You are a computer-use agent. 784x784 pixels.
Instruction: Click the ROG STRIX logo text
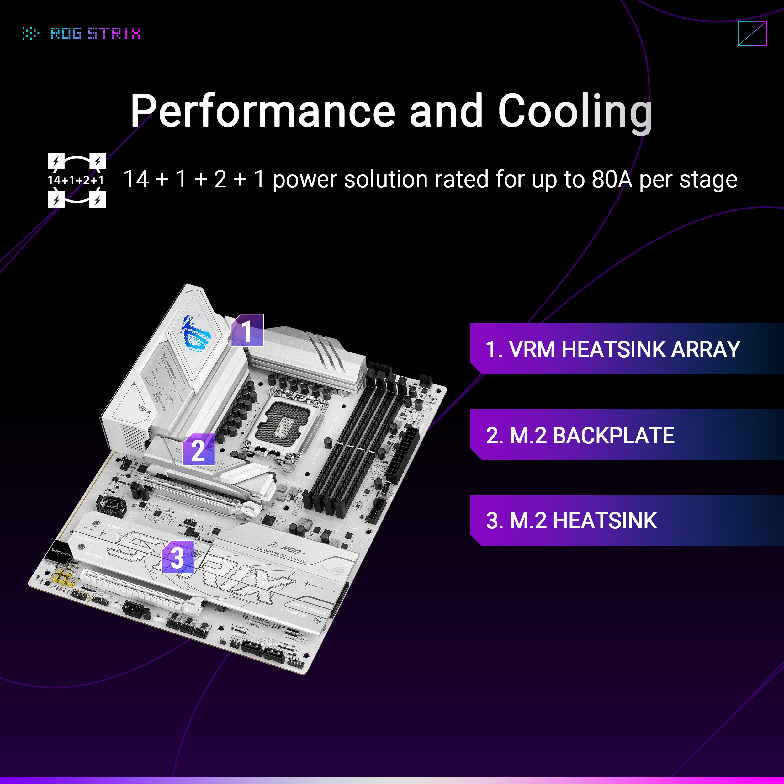[95, 33]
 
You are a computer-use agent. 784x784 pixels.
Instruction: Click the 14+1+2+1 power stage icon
[77, 180]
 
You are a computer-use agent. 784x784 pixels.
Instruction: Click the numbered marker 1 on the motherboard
[247, 330]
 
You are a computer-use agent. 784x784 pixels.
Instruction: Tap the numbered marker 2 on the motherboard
[199, 449]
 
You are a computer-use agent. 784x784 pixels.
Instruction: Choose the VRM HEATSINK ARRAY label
[613, 349]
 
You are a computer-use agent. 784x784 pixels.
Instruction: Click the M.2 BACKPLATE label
[580, 435]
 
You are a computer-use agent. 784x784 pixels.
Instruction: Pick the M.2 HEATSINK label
[571, 521]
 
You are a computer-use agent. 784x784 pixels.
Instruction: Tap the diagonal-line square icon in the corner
[752, 33]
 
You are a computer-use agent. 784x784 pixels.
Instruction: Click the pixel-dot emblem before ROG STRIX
[30, 33]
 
